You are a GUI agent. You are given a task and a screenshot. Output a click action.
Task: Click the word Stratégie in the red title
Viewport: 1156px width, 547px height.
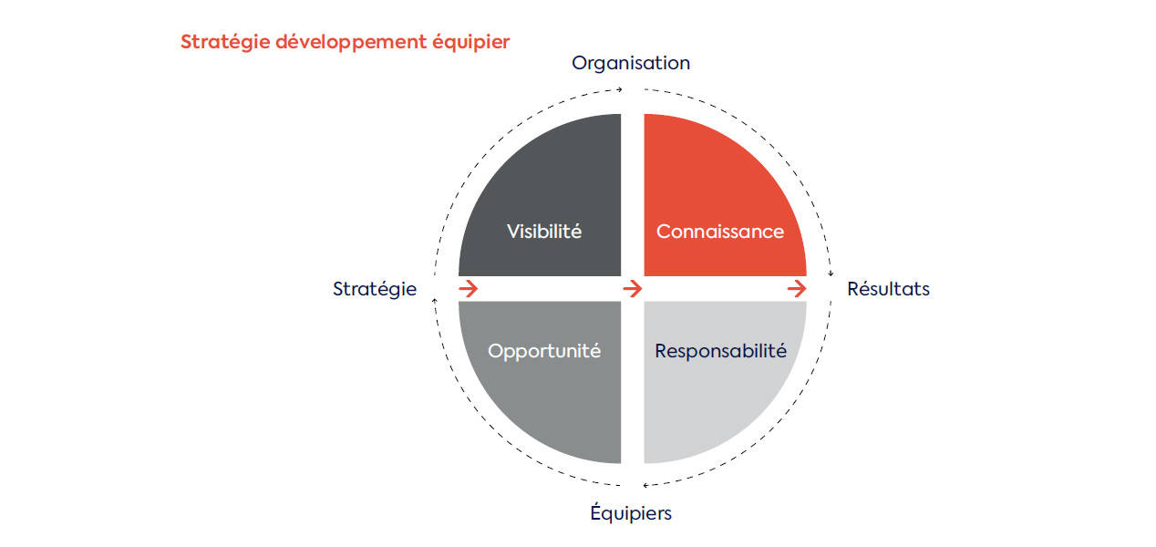click(x=225, y=42)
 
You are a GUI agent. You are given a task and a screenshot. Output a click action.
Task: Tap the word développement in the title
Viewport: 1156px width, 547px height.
click(x=351, y=42)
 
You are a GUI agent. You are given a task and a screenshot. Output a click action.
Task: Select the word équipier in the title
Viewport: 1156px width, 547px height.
click(x=471, y=42)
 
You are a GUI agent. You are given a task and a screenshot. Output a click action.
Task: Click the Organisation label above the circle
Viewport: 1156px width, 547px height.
click(x=631, y=64)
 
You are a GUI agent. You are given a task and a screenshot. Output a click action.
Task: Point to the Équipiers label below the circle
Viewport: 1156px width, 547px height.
click(x=631, y=512)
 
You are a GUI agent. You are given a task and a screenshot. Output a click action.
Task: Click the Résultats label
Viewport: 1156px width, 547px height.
click(x=888, y=288)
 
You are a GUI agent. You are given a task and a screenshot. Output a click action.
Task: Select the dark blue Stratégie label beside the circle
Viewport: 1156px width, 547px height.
click(x=375, y=289)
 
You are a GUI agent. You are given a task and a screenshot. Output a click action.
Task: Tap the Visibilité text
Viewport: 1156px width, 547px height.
click(x=544, y=232)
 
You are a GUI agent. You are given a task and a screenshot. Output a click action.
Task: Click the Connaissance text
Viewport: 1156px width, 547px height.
click(x=720, y=232)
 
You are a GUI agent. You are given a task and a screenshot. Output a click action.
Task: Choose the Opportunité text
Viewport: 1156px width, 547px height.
click(x=544, y=351)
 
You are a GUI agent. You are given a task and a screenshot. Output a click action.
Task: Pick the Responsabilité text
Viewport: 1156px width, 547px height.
click(x=720, y=351)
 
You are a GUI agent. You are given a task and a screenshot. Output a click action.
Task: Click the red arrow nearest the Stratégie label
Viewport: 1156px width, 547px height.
click(x=469, y=288)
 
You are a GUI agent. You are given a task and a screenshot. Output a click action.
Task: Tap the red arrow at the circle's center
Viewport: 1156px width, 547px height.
click(x=632, y=288)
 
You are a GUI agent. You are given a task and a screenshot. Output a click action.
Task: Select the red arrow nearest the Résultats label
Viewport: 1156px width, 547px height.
click(x=797, y=288)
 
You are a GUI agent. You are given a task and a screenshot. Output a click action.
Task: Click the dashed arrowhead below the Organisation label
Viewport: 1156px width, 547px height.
click(x=620, y=89)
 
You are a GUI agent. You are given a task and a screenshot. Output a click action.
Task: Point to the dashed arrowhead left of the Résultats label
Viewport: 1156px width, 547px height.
click(x=831, y=273)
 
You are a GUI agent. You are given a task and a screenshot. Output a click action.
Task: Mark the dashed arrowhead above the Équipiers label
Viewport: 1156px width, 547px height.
click(x=645, y=485)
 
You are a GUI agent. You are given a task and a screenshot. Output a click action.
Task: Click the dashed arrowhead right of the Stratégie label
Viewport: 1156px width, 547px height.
click(x=435, y=300)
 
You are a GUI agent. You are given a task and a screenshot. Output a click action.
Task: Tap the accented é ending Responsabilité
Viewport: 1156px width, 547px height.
click(x=780, y=351)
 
